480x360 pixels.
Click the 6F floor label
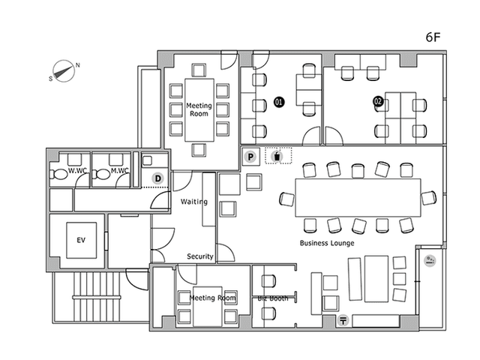point(433,37)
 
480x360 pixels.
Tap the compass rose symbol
point(64,71)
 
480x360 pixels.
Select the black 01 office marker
point(278,102)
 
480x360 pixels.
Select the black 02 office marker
point(378,101)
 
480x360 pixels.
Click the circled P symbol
point(250,157)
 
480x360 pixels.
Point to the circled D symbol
point(157,178)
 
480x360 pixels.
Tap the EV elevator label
point(81,240)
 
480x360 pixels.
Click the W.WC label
point(77,170)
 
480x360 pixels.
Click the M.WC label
point(120,170)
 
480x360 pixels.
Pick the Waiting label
point(194,202)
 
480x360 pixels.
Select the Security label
point(200,256)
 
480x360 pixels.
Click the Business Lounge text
point(327,243)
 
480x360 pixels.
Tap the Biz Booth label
point(273,298)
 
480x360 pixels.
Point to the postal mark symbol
point(343,320)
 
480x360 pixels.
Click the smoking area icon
point(430,261)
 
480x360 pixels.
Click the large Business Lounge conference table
point(358,198)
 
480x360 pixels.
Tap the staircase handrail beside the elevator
point(97,297)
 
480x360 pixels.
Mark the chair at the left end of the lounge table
point(287,199)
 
